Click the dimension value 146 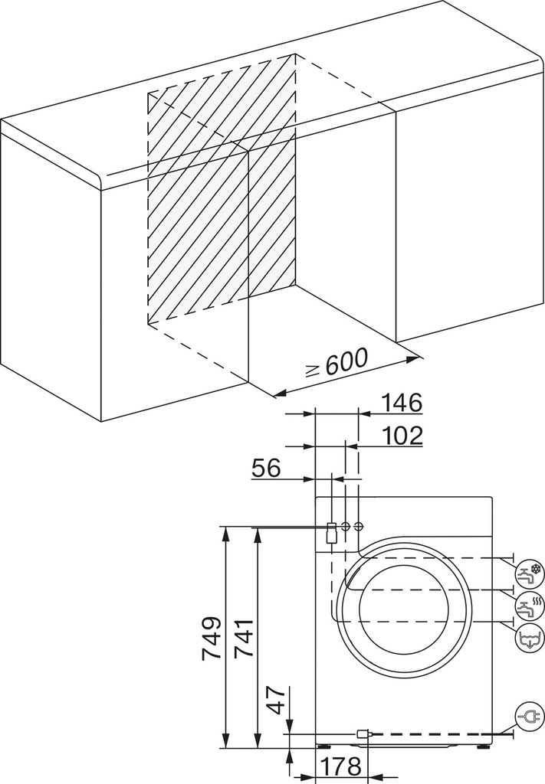click(x=402, y=402)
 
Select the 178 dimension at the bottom click(x=341, y=766)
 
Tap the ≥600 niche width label click(x=337, y=364)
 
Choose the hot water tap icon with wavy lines click(x=529, y=604)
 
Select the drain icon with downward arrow click(x=529, y=637)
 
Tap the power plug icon click(x=528, y=717)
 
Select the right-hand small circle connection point click(x=359, y=527)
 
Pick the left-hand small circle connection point click(x=346, y=527)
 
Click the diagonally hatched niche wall click(x=222, y=199)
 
